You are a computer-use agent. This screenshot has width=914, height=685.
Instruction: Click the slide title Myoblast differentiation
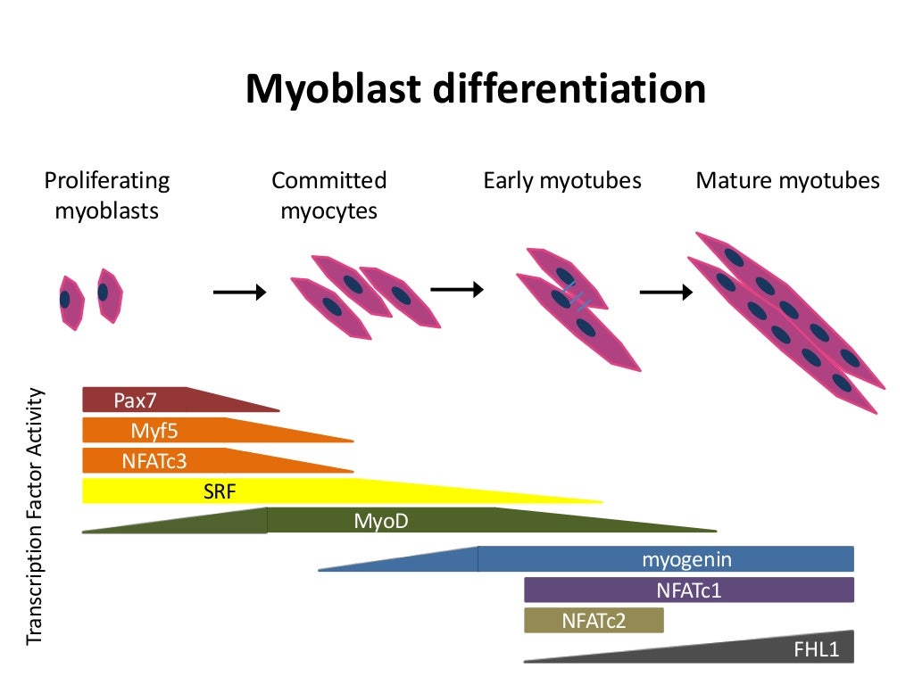click(x=476, y=89)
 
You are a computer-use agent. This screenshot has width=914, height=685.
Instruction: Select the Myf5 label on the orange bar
click(x=154, y=431)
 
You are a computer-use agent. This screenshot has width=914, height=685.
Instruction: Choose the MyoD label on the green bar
click(x=381, y=520)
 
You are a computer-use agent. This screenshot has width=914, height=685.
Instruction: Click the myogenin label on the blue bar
click(x=686, y=559)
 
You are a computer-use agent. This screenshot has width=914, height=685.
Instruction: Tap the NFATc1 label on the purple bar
click(x=688, y=590)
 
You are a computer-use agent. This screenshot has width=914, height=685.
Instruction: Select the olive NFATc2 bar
click(x=594, y=620)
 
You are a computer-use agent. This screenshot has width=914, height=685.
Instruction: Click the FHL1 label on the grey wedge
click(x=817, y=649)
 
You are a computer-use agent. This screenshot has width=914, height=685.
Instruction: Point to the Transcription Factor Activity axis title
click(x=35, y=516)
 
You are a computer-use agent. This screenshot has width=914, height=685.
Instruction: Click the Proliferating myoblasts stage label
click(x=107, y=195)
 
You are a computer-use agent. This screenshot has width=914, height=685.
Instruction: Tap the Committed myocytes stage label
click(x=329, y=195)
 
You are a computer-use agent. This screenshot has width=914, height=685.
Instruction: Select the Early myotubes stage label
click(x=562, y=181)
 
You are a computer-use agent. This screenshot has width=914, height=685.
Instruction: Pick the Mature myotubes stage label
click(x=787, y=181)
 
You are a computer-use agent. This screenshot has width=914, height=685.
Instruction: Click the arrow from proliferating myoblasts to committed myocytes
click(x=239, y=292)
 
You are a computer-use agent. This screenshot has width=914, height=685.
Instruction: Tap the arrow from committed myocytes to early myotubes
click(x=457, y=288)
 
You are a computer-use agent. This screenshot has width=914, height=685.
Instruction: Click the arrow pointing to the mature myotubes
click(x=667, y=292)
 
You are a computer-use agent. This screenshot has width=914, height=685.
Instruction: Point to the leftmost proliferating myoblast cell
click(x=70, y=301)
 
